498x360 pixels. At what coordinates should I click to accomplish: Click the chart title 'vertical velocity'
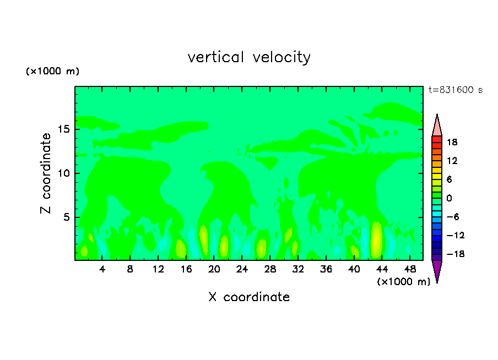[x=249, y=57]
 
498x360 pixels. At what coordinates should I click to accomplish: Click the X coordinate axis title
[x=249, y=297]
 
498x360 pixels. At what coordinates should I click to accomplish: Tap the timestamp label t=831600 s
[x=455, y=90]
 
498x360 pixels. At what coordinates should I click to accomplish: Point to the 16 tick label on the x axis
[x=186, y=269]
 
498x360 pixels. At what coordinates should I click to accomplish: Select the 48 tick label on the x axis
[x=409, y=269]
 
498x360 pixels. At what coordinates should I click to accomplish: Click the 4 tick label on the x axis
[x=102, y=269]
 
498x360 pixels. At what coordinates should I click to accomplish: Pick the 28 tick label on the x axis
[x=270, y=269]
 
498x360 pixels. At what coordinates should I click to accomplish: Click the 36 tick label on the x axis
[x=326, y=269]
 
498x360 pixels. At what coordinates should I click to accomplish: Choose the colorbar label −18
[x=451, y=254]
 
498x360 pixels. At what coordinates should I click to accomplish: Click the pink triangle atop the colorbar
[x=437, y=126]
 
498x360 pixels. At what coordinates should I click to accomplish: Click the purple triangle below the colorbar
[x=437, y=270]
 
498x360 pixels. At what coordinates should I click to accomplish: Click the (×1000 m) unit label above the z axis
[x=53, y=72]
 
